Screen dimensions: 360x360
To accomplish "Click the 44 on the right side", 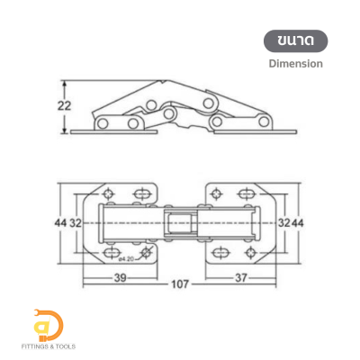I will coord(299,221).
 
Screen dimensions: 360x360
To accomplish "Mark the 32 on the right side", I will coord(282,221).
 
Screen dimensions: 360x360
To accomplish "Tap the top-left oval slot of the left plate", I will coord(142,193).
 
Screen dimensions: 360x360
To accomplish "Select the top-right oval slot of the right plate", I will coord(245,193).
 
